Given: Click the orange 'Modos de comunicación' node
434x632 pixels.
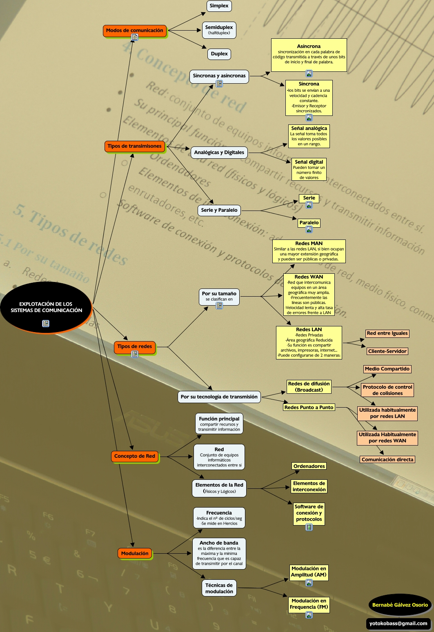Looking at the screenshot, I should click(x=134, y=31).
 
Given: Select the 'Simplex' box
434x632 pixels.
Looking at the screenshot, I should click(x=219, y=6).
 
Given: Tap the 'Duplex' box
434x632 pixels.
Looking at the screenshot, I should click(x=219, y=54).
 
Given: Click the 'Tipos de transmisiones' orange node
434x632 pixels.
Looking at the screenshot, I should click(x=134, y=146).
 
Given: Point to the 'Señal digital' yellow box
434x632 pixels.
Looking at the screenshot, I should click(x=309, y=169).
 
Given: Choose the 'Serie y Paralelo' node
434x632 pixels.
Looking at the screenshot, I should click(x=219, y=210).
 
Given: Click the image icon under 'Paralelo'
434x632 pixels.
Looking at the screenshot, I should click(x=309, y=229).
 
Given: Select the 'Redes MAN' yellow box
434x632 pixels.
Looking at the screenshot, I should click(x=309, y=251).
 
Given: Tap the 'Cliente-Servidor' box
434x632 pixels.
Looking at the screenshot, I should click(x=387, y=351).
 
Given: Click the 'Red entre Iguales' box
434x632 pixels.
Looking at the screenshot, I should click(x=387, y=333).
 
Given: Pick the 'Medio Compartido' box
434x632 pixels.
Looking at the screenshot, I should click(x=387, y=369).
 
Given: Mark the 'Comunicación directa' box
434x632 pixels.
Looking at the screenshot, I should click(x=387, y=459).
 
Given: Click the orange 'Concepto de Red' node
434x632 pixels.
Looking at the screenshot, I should click(x=135, y=456).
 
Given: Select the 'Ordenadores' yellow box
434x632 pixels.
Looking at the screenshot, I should click(x=309, y=466).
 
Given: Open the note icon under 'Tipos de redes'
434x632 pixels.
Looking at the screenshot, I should click(x=135, y=354).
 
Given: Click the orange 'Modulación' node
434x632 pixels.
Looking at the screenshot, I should click(x=135, y=554).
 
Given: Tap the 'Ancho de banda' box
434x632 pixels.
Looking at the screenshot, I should click(x=219, y=553).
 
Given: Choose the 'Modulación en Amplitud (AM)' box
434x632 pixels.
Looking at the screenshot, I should click(x=309, y=572).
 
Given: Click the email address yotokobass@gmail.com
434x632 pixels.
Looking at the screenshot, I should click(x=398, y=623).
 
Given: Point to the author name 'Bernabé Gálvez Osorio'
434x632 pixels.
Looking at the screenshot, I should click(x=400, y=605).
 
